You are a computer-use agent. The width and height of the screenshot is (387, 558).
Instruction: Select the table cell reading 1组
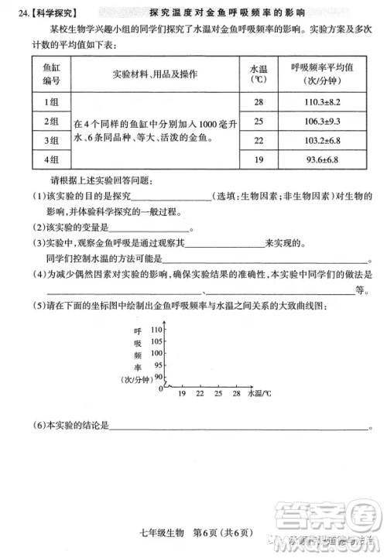[x=52, y=102]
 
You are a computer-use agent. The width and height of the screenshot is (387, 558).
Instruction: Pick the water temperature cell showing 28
[x=259, y=102]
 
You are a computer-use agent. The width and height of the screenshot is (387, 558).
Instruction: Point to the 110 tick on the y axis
[x=159, y=330]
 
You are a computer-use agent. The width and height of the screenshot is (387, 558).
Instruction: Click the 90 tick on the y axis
[x=160, y=376]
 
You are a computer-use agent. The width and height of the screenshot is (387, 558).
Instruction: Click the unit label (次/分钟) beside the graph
[x=137, y=379]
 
